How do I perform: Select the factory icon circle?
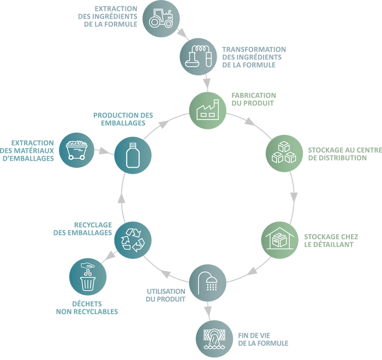pos(207,107)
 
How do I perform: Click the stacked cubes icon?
pos(284,152)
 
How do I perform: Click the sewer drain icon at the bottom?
pos(214,339)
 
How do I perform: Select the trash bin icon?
pos(87,278)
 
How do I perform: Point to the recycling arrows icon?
pos(133,238)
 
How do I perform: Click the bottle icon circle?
pos(132,156)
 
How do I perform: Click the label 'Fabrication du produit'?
pos(253,99)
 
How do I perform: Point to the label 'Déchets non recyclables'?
pos(87,308)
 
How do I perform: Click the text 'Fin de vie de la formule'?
pos(262,339)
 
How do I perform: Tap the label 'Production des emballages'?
pos(123,119)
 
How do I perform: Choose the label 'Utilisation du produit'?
pos(166,294)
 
